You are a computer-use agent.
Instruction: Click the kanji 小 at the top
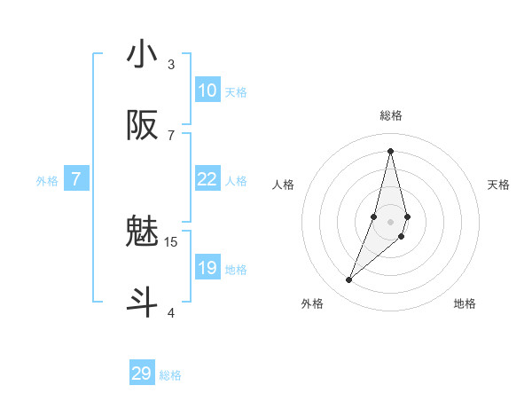click(142, 55)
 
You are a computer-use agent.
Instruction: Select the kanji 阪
click(142, 127)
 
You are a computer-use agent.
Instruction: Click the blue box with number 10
click(207, 90)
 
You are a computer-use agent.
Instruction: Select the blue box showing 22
click(207, 179)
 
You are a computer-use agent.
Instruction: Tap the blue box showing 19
click(207, 268)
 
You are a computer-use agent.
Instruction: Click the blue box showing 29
click(142, 374)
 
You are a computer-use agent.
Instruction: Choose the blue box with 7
click(76, 179)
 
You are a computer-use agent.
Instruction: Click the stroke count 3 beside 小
click(171, 64)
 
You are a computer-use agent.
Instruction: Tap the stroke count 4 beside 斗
click(171, 312)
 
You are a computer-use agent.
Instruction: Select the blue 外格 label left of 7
click(47, 181)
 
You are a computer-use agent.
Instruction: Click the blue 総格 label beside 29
click(170, 375)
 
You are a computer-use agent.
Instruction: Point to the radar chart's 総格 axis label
click(390, 115)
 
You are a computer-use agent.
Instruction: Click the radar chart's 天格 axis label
click(498, 185)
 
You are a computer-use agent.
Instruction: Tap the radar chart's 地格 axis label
click(465, 303)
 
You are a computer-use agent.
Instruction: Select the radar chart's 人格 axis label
click(284, 185)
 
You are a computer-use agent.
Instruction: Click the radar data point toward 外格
click(349, 280)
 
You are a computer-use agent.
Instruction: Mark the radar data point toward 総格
click(390, 150)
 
